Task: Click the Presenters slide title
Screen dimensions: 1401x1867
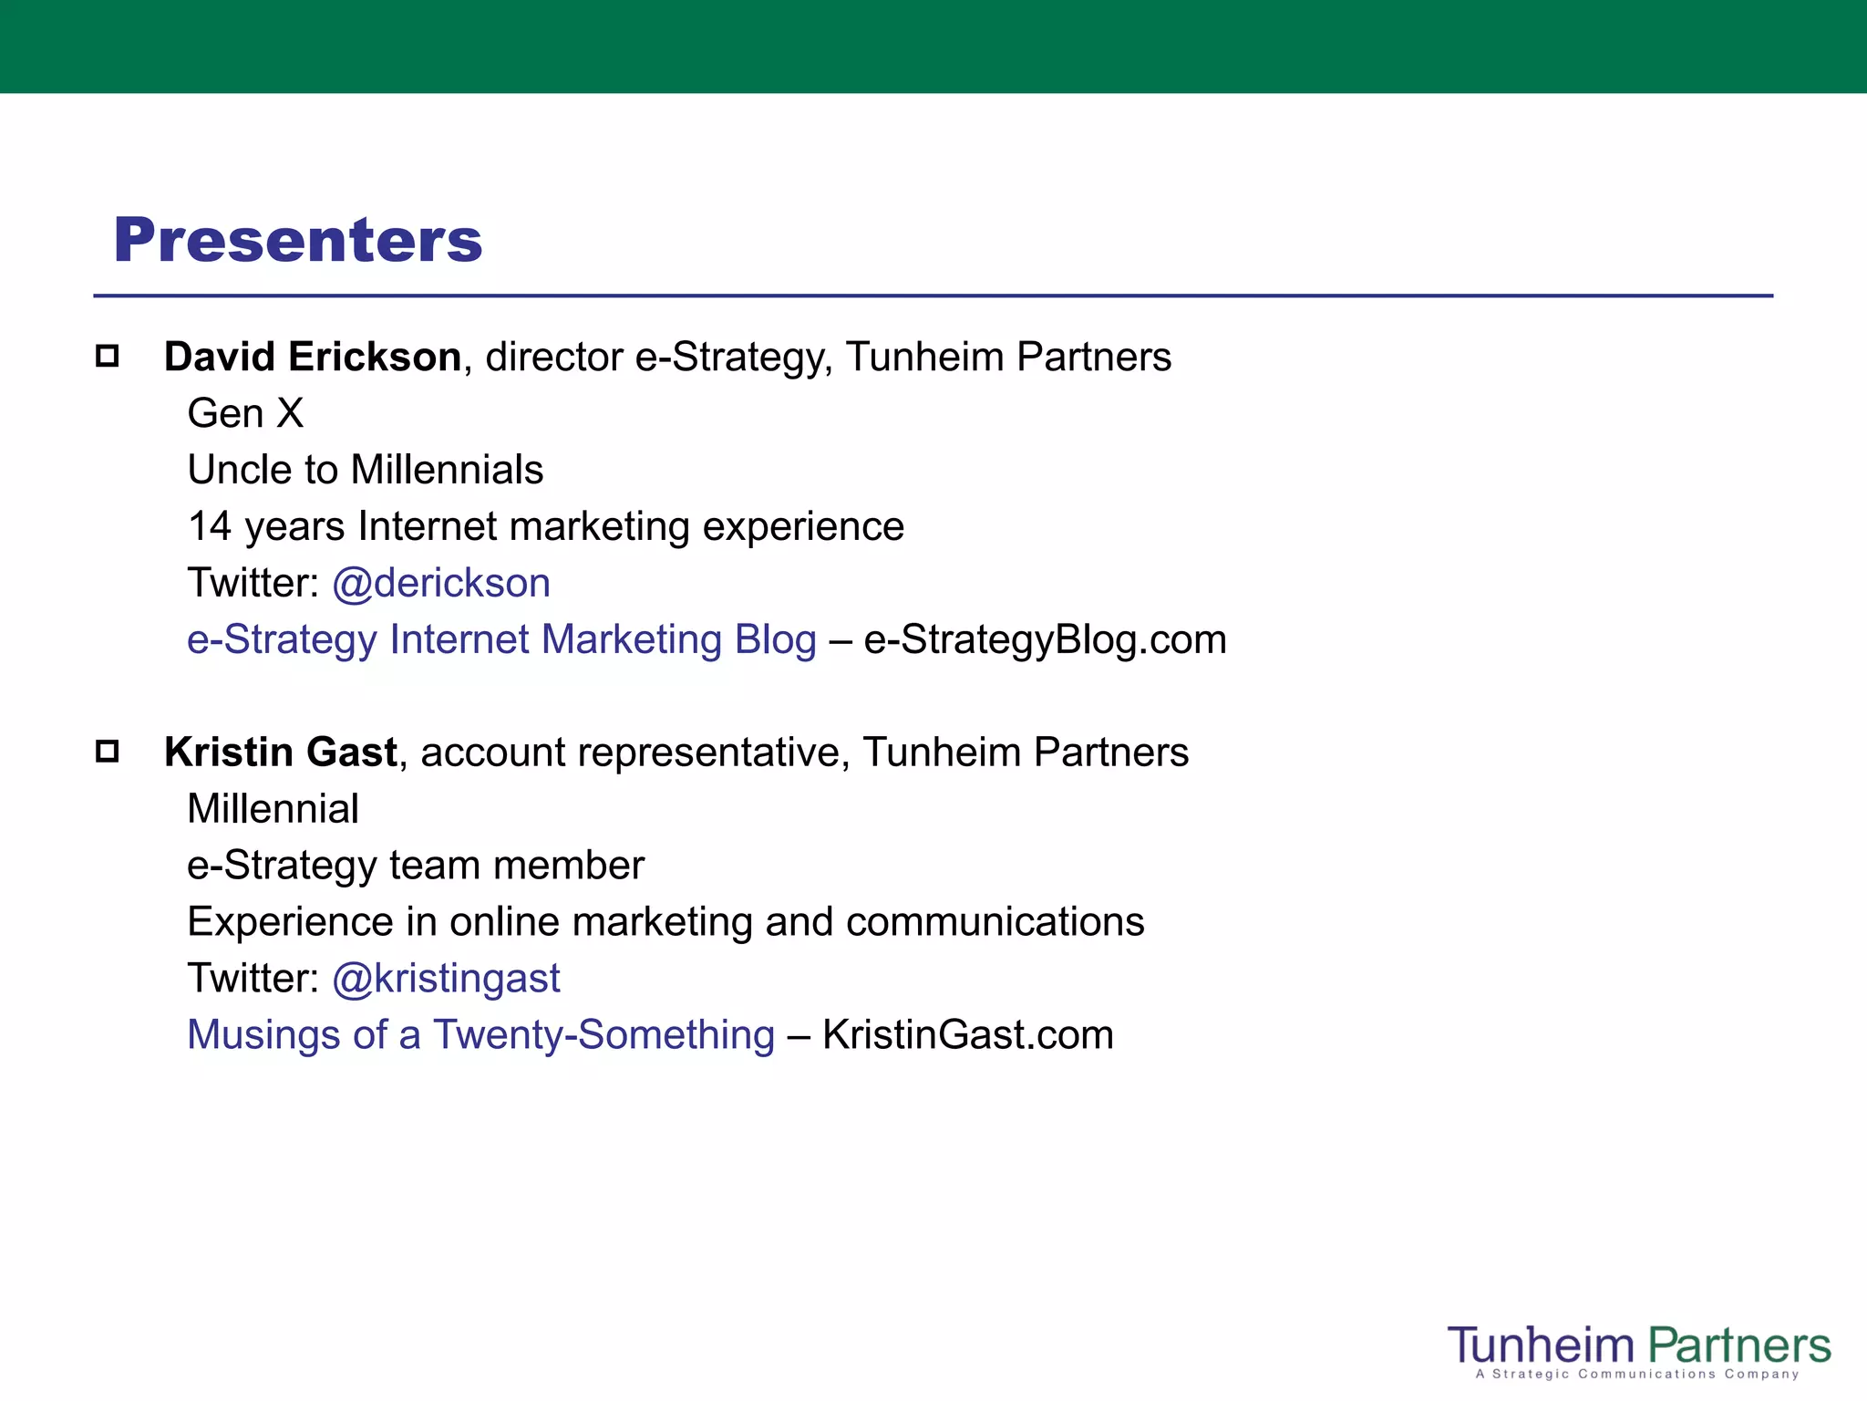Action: (x=297, y=241)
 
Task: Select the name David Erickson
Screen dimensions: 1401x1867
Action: (x=313, y=357)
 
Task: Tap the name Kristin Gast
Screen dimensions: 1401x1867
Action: (x=280, y=752)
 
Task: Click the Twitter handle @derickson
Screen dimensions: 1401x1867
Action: (x=441, y=583)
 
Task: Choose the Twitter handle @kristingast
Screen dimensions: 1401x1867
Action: (x=446, y=979)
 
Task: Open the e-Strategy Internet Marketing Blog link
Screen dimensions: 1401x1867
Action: (x=501, y=639)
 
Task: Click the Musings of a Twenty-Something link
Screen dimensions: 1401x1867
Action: (x=480, y=1035)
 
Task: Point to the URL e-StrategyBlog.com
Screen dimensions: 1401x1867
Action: (x=1045, y=639)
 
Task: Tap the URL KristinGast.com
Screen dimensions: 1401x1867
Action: (x=967, y=1035)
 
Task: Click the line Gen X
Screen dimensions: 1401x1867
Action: (x=245, y=413)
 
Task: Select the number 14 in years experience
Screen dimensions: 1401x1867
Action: (x=210, y=527)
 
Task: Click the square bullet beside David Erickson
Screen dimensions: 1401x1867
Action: (x=108, y=356)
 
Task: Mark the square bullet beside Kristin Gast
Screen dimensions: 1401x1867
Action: (x=108, y=752)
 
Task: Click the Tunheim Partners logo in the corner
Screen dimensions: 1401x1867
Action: (x=1638, y=1344)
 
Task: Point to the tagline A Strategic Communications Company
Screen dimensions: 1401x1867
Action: (x=1637, y=1375)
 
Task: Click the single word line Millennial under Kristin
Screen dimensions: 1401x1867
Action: (x=273, y=809)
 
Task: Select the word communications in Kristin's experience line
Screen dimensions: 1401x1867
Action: (x=995, y=922)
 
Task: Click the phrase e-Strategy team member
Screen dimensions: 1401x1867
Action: (x=415, y=866)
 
